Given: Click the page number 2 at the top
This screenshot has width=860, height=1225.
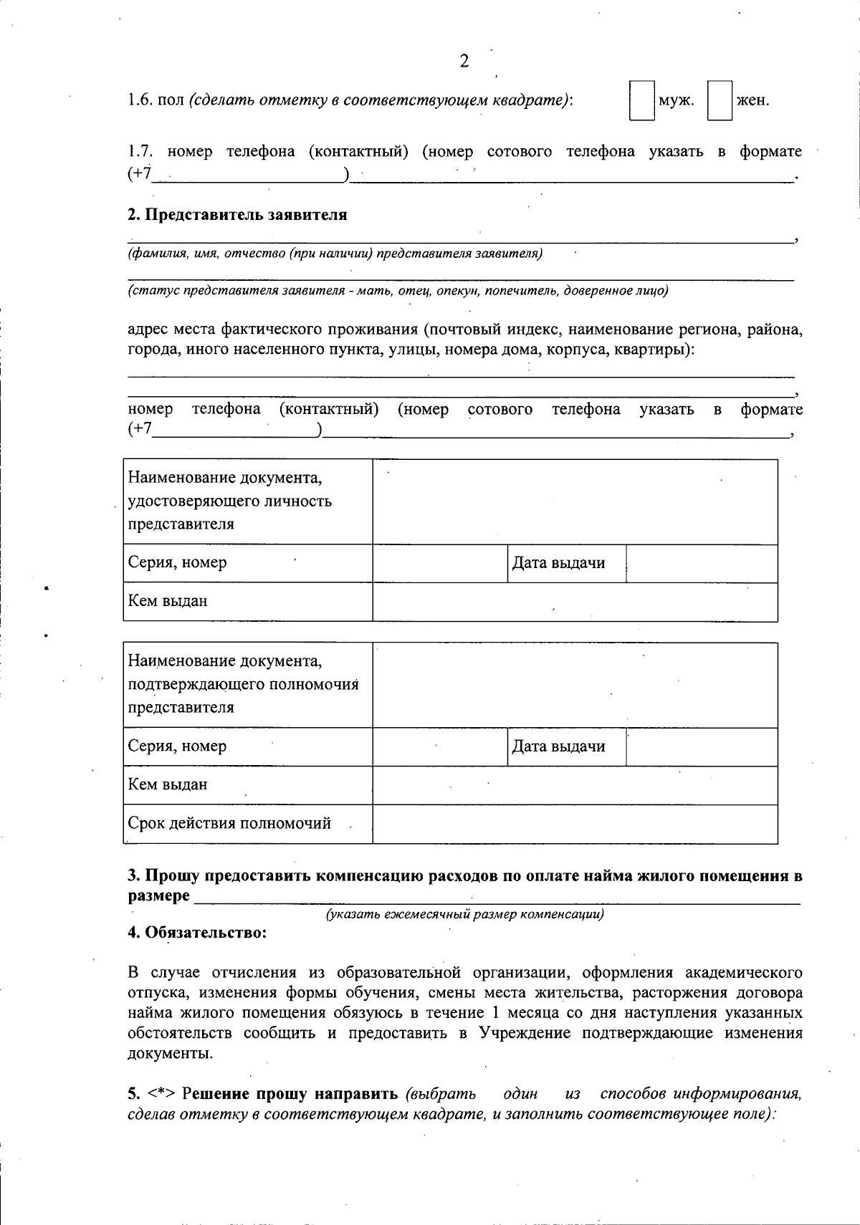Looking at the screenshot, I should (464, 62).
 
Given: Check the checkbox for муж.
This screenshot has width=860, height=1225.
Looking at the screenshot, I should (641, 100).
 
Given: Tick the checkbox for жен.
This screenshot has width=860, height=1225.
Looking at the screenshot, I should (720, 100).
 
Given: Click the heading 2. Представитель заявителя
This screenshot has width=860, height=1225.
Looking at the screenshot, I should (237, 215).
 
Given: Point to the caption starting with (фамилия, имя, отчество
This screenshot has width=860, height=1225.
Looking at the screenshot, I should (335, 254).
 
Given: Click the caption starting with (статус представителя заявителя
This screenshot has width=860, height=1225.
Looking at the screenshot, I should (398, 291).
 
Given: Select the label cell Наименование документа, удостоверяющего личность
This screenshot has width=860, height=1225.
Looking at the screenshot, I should (247, 501).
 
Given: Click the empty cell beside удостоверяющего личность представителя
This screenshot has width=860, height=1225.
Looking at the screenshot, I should (575, 501).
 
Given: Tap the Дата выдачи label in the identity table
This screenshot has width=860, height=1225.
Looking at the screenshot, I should (558, 563).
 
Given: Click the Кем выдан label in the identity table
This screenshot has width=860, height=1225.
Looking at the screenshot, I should (168, 601).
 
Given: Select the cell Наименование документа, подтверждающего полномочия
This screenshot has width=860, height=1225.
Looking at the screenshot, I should (247, 685).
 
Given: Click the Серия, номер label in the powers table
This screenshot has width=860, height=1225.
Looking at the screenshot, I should (177, 746).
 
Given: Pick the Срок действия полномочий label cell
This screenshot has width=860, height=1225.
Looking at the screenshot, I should (229, 823).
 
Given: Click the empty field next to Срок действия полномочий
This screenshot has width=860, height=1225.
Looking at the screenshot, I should (575, 824).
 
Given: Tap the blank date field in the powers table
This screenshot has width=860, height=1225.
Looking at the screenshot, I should (702, 747).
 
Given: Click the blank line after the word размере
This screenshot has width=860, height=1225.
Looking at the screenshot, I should (497, 897).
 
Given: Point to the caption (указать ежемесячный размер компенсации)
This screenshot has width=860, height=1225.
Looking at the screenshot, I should (464, 915).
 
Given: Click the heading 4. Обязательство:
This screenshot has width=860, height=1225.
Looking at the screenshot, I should (197, 933).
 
